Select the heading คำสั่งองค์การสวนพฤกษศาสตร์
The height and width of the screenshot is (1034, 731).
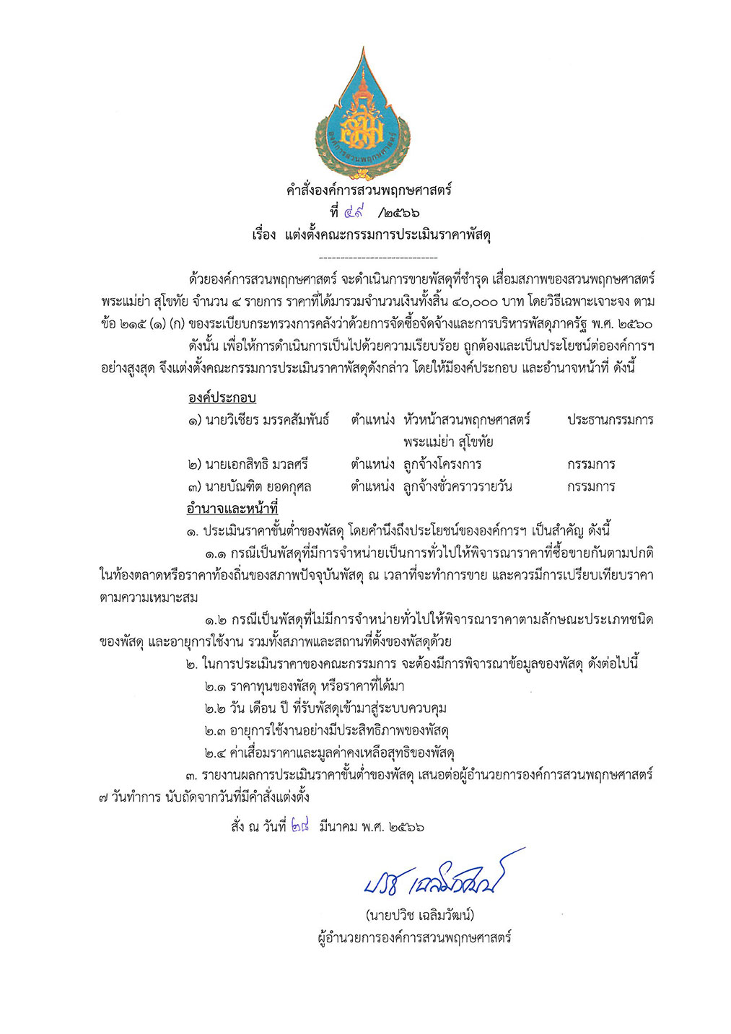368,190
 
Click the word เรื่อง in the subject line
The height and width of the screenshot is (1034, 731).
264,235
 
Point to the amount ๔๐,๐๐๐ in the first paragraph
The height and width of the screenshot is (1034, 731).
469,300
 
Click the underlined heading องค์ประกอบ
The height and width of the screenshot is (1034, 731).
222,398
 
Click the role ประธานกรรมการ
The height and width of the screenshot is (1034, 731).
610,420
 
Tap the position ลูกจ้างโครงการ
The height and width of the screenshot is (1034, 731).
442,464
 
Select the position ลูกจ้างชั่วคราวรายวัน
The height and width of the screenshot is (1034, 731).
458,486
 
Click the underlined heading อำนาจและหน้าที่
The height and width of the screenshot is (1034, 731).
232,509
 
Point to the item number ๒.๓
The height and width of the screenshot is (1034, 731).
215,731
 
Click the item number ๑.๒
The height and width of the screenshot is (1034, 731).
215,620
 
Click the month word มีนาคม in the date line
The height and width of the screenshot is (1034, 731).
338,827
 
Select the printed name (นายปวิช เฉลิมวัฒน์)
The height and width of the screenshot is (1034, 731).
419,916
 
